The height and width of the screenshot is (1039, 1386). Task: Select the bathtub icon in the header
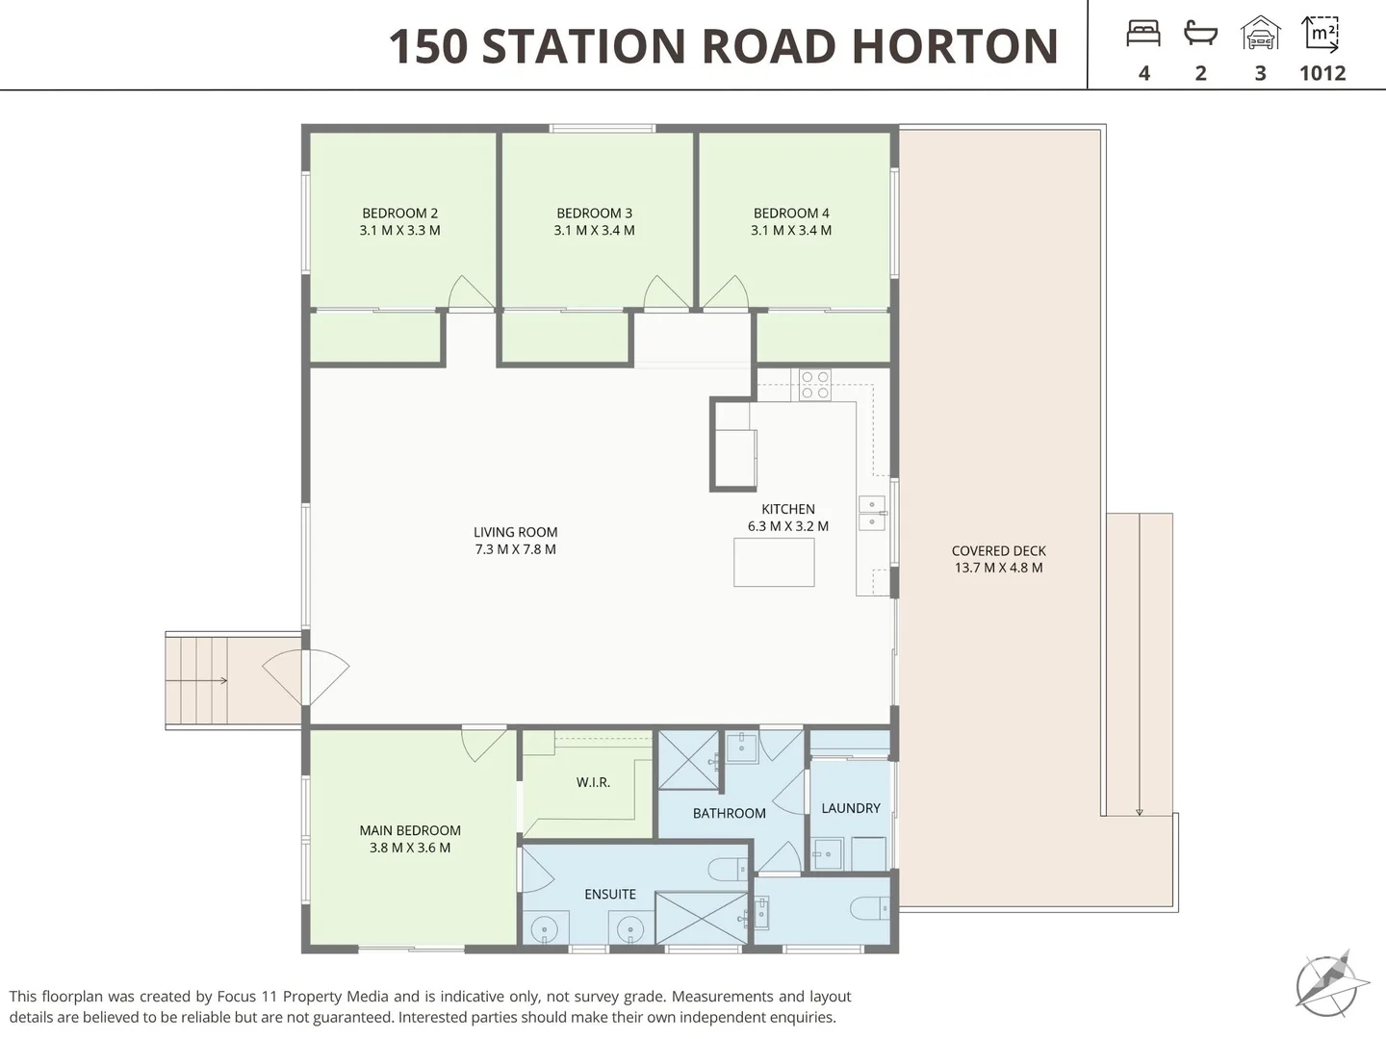click(x=1200, y=33)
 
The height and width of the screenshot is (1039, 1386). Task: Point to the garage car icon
click(x=1260, y=33)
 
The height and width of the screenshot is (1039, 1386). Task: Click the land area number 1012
click(x=1322, y=73)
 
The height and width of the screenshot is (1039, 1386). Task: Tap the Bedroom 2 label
click(x=399, y=214)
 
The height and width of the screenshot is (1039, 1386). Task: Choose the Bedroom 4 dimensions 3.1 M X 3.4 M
click(x=791, y=230)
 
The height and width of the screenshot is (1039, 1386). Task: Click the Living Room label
click(x=515, y=532)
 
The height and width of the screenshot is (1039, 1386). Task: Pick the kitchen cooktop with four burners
click(x=815, y=385)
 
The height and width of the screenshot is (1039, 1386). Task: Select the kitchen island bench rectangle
click(x=774, y=562)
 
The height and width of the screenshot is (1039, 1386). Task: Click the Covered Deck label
click(x=999, y=550)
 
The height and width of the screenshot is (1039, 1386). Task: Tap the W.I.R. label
click(x=593, y=782)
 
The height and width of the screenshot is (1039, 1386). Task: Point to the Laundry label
click(x=851, y=808)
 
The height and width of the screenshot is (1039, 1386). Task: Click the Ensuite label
click(x=610, y=894)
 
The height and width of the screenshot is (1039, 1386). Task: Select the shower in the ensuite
click(x=703, y=918)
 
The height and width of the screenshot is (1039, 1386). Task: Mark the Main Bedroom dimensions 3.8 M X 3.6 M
click(x=410, y=848)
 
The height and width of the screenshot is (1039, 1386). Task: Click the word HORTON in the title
click(x=955, y=46)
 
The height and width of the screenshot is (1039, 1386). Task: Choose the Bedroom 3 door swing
click(x=666, y=292)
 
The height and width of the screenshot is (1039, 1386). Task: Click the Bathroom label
click(x=730, y=813)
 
